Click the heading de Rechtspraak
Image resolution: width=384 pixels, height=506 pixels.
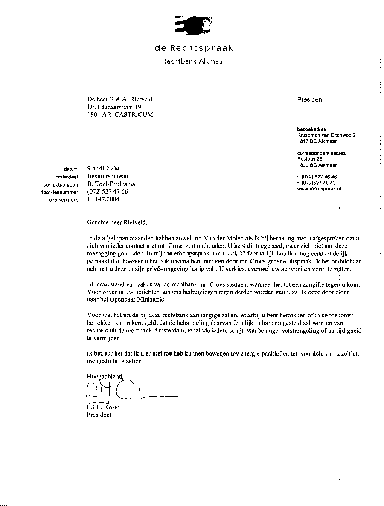pos(194,48)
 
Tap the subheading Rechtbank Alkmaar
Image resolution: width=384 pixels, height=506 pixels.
pos(194,61)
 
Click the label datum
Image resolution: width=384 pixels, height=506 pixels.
pos(70,170)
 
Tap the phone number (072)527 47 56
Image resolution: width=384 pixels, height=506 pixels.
pos(107,192)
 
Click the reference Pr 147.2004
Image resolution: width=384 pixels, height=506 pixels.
pos(103,199)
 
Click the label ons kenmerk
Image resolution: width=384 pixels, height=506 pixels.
pos(64,200)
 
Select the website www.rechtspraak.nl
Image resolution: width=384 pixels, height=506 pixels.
pos(319,188)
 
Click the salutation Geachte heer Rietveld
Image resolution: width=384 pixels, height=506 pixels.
pos(117,222)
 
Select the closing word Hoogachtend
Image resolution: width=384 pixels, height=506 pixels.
pos(105,376)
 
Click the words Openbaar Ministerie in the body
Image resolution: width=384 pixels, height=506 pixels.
pos(132,300)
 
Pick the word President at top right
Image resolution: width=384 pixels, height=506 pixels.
pos(310,99)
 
